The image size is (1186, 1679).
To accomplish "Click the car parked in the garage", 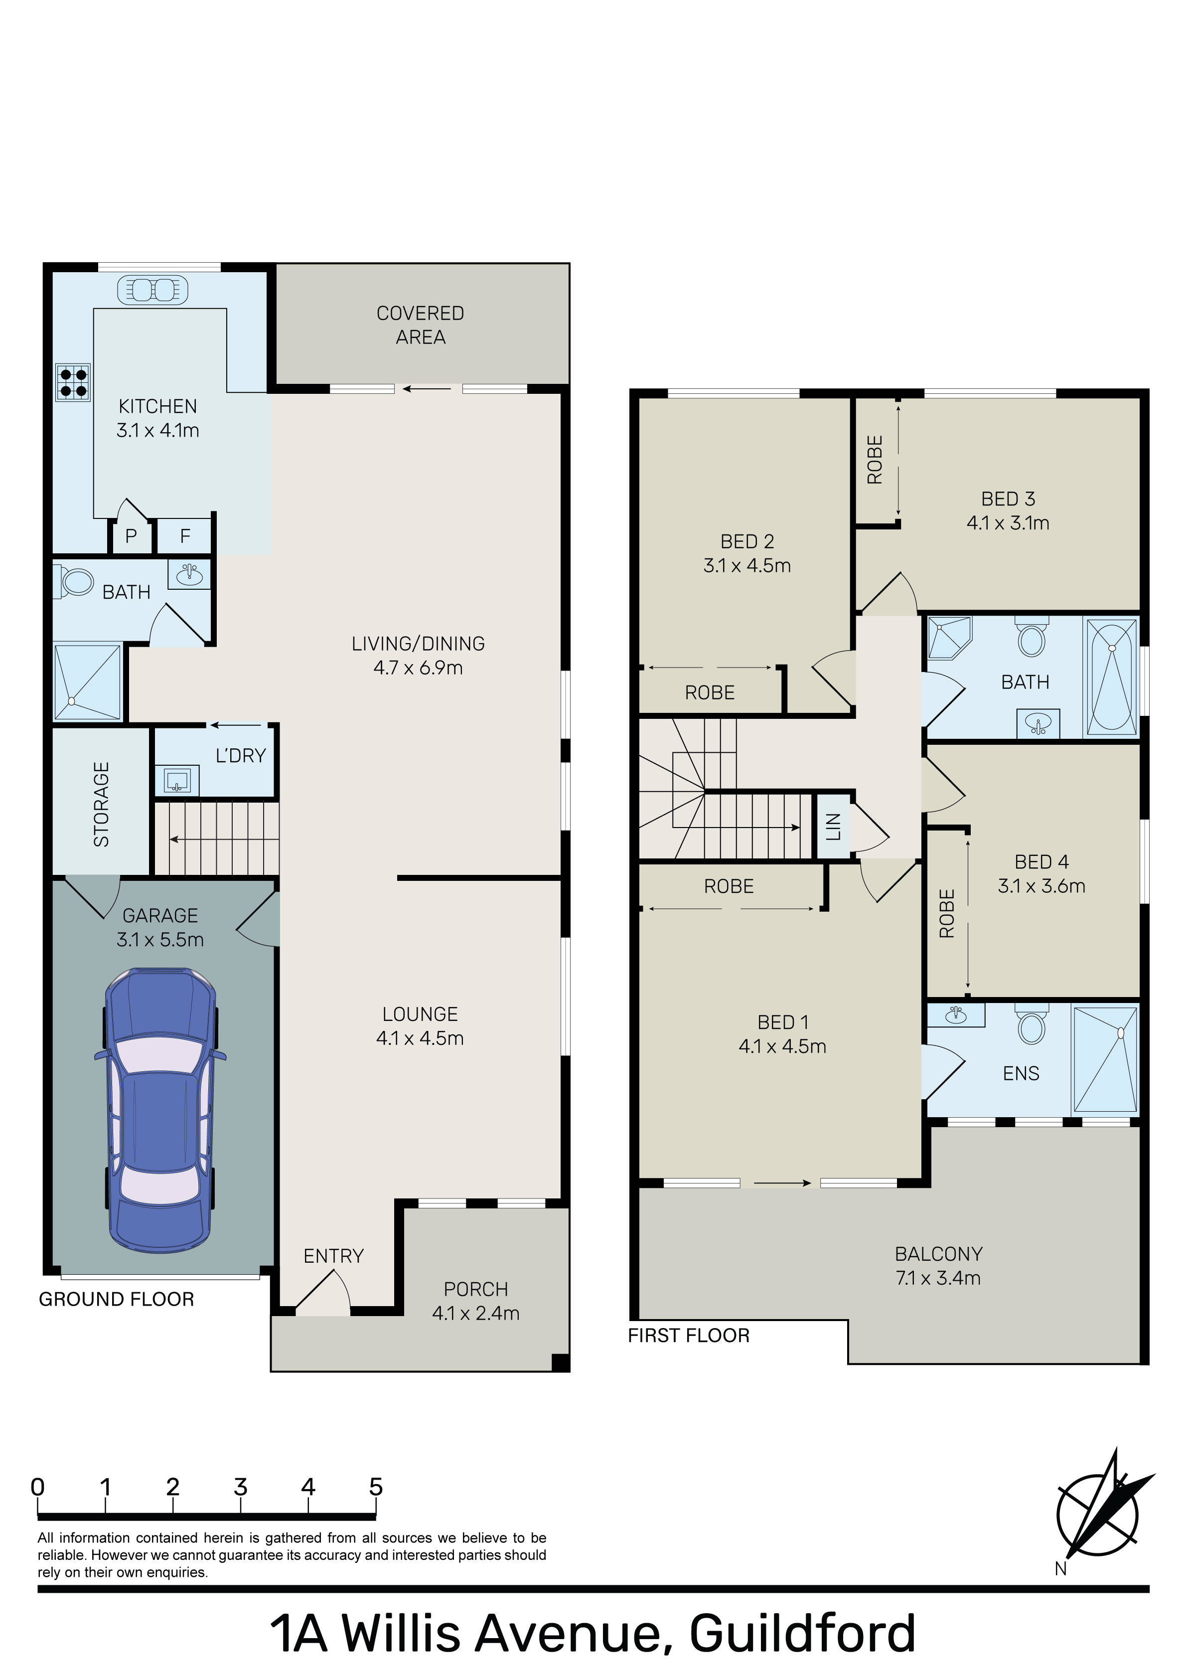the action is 160,1112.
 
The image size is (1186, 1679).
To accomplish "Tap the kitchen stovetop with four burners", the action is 73,382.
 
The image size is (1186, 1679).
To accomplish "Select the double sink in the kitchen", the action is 153,290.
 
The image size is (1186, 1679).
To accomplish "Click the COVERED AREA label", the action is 421,325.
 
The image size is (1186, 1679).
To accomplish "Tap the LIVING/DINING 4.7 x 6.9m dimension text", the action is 418,668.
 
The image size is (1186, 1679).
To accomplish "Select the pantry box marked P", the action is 132,536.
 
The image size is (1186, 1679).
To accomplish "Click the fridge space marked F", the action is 185,536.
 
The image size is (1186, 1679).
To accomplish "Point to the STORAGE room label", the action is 102,805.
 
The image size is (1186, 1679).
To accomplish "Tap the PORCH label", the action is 476,1289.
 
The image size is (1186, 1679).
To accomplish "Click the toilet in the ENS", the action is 1032,1024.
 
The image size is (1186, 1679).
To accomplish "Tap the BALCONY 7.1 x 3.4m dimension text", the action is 938,1278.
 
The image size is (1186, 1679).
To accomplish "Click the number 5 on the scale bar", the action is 376,1487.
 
